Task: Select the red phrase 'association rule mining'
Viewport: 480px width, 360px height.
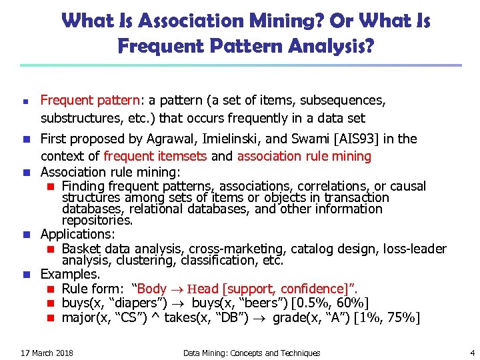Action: coord(304,156)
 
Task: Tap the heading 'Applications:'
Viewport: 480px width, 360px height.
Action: coord(77,235)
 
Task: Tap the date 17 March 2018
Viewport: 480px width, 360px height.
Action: coord(47,353)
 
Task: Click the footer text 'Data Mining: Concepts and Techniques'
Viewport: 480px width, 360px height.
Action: coord(251,353)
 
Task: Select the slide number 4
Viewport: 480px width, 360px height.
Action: coord(472,353)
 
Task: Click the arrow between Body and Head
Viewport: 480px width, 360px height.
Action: coord(175,289)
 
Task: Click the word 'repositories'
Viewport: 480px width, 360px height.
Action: coord(97,220)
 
